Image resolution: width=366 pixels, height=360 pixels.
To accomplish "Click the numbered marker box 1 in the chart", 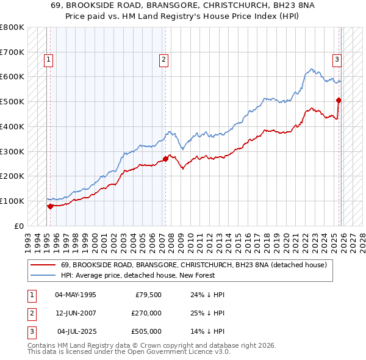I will (48, 60).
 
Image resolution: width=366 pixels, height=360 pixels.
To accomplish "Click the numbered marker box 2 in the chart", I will (164, 60).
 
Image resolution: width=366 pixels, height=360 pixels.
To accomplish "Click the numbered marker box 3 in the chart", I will (336, 60).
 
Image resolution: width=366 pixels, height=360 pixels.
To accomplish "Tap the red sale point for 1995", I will (50, 206).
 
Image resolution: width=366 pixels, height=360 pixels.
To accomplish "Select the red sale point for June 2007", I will (165, 159).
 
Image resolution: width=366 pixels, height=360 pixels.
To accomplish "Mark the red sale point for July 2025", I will (339, 100).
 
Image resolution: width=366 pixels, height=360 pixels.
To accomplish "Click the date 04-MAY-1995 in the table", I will (75, 295).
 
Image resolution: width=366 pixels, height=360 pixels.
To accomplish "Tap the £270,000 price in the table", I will (146, 313).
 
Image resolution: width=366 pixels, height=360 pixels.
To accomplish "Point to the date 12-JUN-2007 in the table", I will (75, 313).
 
